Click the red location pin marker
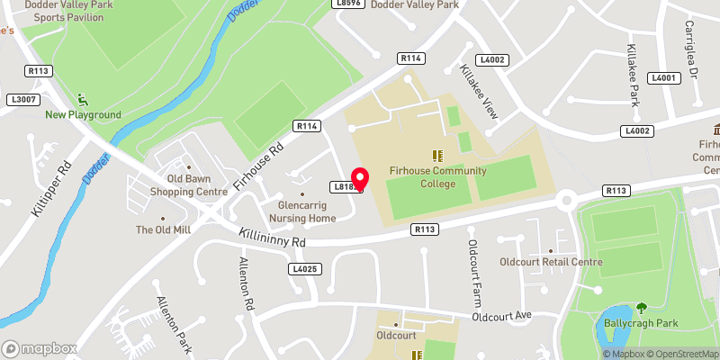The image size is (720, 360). [x=360, y=179]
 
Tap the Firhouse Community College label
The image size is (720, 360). [x=438, y=176]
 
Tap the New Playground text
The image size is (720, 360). [x=83, y=115]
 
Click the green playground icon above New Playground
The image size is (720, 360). [x=83, y=99]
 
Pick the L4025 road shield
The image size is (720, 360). [x=305, y=269]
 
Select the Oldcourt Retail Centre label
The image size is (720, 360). [x=551, y=262]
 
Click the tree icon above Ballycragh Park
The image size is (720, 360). [x=642, y=308]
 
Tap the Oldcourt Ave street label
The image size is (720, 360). [x=505, y=316]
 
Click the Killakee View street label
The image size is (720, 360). [x=479, y=93]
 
